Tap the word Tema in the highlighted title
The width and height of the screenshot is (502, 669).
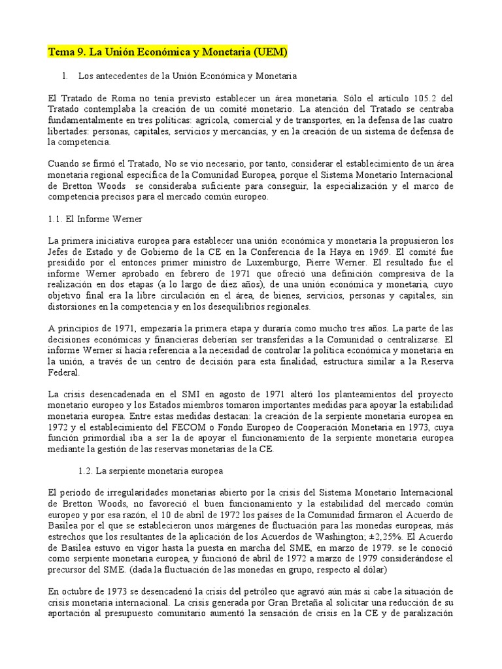tap(61, 52)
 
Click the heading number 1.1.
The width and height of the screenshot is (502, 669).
tap(57, 218)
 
